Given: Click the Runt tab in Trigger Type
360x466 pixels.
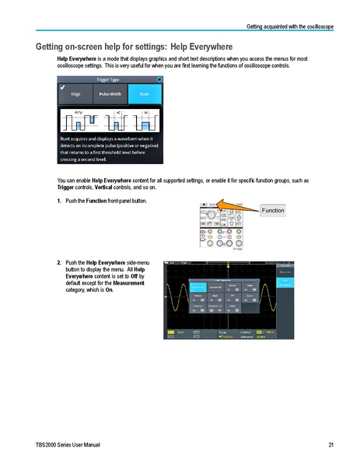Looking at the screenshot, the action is [145, 94].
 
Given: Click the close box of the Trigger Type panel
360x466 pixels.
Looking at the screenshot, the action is [159, 79].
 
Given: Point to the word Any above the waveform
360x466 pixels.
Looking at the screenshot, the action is [78, 113].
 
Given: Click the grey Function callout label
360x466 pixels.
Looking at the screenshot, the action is [271, 211].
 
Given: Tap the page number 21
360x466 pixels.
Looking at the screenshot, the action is [330, 444].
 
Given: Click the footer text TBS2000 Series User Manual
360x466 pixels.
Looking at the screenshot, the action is [61, 444].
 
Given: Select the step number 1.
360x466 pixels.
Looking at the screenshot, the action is [60, 201].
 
